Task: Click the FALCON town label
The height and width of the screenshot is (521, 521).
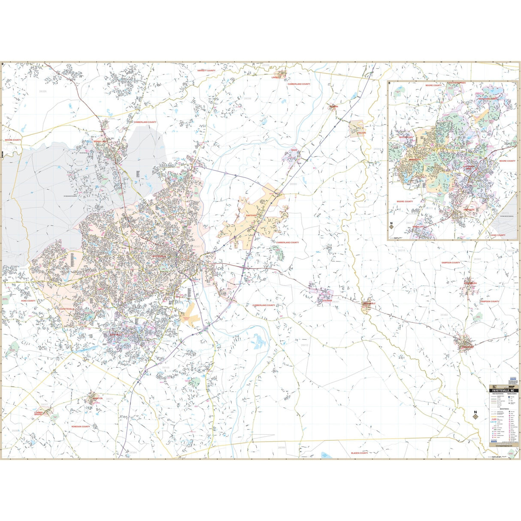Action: point(362,133)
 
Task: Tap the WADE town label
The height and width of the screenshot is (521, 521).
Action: point(294,150)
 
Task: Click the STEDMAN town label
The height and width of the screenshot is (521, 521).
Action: point(327,301)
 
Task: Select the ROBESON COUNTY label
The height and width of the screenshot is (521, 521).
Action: point(81,427)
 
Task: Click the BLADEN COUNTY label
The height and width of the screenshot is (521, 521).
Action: point(359,453)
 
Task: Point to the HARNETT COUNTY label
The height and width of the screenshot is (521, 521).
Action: point(206,70)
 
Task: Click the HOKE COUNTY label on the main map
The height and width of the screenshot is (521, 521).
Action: point(28,301)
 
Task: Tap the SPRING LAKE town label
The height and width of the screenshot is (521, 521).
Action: point(100,141)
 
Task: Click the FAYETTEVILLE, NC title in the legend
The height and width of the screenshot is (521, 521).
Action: point(505,391)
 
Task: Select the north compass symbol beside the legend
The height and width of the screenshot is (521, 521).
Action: point(475,415)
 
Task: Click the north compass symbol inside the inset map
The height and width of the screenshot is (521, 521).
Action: point(391,225)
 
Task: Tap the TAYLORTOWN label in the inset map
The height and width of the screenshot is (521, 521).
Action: point(405,137)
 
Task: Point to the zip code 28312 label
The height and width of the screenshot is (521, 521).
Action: point(304,345)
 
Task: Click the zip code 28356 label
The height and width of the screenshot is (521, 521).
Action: point(247,98)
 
